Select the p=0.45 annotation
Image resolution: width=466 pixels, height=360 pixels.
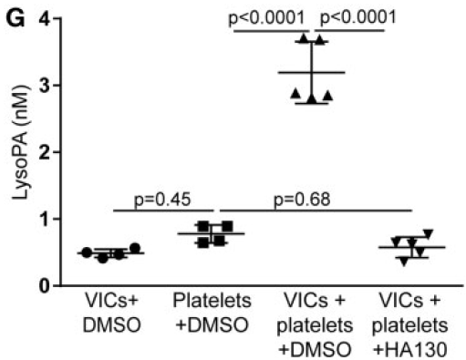162,200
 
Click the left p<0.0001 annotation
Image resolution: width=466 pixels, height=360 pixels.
270,16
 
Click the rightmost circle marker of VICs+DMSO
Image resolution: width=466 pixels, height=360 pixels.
136,248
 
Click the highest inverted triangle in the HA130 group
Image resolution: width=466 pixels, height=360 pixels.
428,233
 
